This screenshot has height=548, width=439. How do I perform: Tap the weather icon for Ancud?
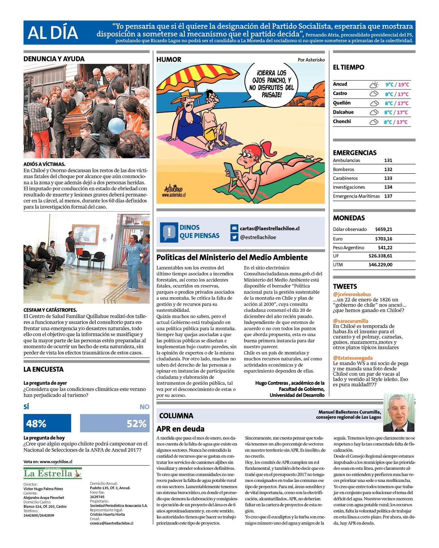coord(374,85)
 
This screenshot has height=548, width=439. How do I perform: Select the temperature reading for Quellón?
coord(396,103)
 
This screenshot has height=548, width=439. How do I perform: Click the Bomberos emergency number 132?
coord(388,169)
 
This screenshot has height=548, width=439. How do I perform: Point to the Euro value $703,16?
coord(384,239)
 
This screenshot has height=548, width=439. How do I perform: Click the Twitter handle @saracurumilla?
coord(351,321)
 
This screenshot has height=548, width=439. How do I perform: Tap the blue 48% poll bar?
coord(47,423)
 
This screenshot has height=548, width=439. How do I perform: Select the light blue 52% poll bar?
coord(115,423)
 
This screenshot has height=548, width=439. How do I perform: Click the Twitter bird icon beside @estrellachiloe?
coord(234,237)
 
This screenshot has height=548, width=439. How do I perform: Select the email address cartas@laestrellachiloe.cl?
coord(269,228)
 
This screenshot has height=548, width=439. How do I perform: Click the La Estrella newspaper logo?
coord(52,473)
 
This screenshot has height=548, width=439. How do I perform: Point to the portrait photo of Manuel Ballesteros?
coord(399,413)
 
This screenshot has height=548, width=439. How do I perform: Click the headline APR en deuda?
coord(180,429)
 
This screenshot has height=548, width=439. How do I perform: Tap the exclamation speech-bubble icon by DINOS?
coord(169,232)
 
